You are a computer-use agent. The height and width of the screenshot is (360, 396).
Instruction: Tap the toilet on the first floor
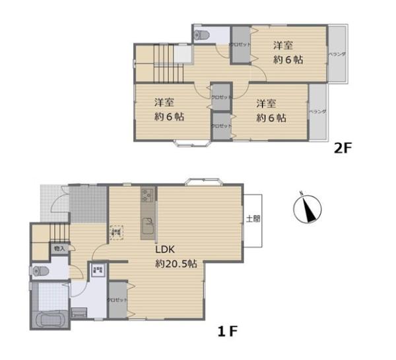[x=42, y=270]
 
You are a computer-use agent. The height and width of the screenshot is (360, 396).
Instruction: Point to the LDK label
[x=164, y=251]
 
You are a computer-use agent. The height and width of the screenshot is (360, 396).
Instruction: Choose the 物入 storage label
[x=59, y=249]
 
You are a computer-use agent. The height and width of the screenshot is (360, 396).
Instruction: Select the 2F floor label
[x=344, y=148]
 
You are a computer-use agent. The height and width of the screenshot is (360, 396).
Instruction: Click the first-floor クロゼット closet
[x=117, y=301]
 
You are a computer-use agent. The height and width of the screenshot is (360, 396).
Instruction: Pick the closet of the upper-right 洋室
[x=240, y=45]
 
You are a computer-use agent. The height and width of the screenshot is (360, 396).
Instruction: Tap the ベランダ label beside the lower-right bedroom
[x=318, y=112]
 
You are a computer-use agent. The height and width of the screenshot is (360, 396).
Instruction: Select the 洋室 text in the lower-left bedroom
[x=164, y=103]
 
